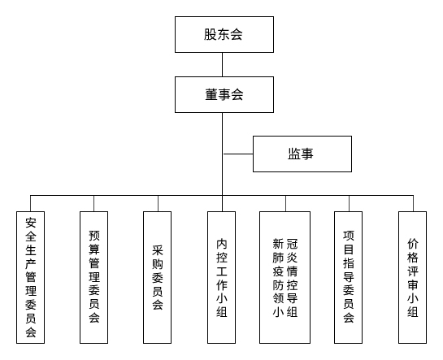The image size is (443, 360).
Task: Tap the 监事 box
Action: (302, 154)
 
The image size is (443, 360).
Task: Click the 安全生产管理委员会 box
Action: (31, 277)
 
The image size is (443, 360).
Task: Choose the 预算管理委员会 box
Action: (93, 277)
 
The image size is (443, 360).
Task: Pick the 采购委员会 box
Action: (158, 277)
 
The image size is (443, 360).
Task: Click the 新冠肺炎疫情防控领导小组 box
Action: (285, 277)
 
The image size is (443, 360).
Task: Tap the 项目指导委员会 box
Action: (349, 277)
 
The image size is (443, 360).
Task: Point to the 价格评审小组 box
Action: (412, 277)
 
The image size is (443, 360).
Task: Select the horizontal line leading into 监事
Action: (238, 154)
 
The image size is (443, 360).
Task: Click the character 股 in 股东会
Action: (210, 34)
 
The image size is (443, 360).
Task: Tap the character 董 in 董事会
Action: (210, 94)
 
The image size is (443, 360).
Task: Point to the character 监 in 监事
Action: (294, 154)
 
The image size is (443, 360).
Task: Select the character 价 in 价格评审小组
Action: (412, 243)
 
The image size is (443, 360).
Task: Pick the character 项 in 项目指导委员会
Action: (349, 236)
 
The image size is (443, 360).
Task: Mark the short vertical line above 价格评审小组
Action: (412, 203)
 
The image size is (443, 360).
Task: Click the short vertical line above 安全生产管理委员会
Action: (31, 203)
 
